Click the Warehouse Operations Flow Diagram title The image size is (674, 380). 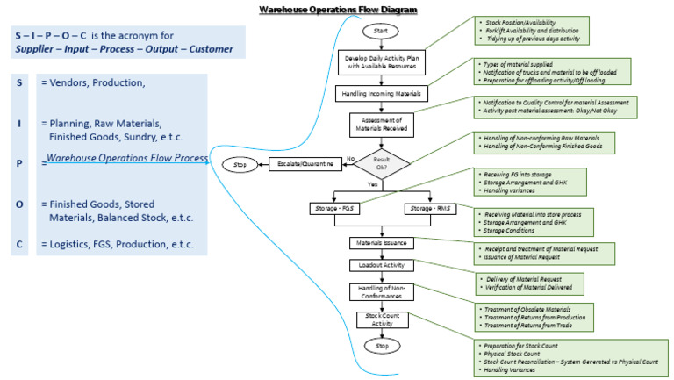coord(338,10)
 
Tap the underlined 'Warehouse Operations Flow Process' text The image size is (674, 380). coord(126,159)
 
